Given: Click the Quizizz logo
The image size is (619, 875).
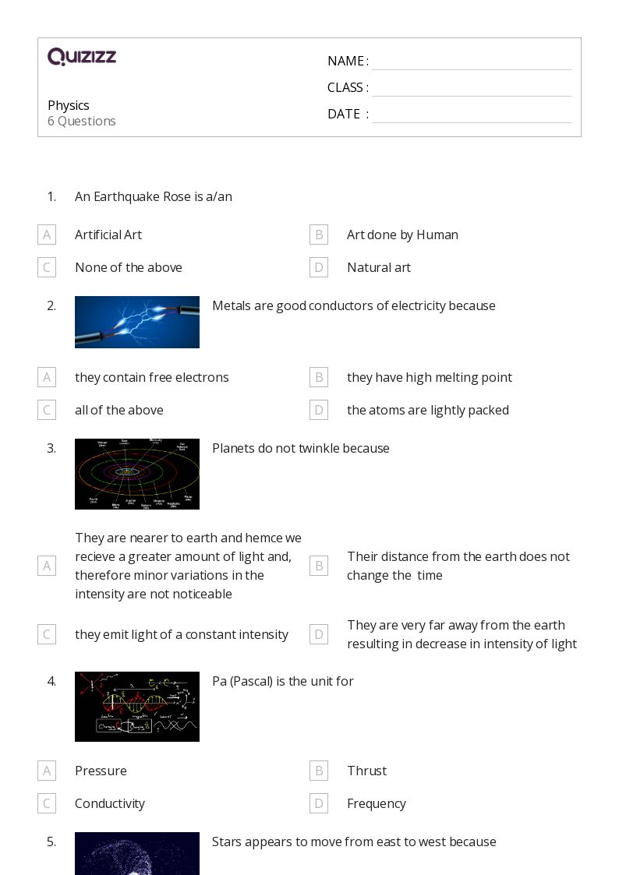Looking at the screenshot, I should point(82,57).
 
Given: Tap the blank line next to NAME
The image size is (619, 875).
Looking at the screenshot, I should point(471,62).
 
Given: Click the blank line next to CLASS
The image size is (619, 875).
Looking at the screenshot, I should point(471,89).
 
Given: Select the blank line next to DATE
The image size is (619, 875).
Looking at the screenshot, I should point(471,115).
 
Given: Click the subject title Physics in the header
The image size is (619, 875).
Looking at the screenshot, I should point(69,105).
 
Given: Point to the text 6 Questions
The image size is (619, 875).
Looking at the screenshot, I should point(82,121).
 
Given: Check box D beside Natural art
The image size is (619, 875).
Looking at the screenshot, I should point(318,267).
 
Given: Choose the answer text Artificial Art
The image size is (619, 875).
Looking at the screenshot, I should point(108,235).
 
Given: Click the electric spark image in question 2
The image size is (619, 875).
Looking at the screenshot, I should point(137,322).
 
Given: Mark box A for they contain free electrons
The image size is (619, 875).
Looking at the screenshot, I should point(47,377).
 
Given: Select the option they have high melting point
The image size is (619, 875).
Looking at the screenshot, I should point(429,377).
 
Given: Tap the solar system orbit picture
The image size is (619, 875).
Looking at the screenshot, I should point(137,474).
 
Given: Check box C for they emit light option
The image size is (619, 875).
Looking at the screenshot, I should point(47,634).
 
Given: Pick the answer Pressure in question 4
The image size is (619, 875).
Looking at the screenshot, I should point(101,771).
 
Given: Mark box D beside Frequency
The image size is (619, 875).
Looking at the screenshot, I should point(318,803).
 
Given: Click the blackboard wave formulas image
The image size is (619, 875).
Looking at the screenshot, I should point(137,707).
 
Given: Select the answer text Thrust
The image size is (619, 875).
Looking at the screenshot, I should point(366,771).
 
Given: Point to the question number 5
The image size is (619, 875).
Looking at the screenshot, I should point(51,841).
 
